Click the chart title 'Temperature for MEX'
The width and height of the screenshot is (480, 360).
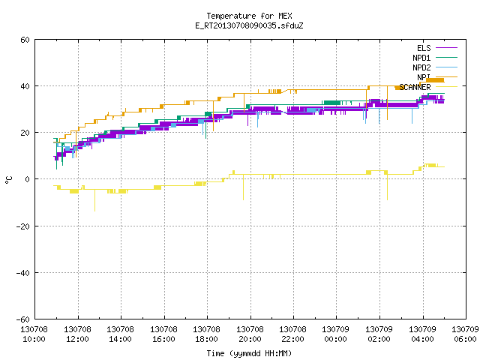tap(249, 16)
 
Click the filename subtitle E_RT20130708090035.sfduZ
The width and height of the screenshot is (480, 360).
tap(249, 25)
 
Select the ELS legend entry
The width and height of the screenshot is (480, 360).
tap(437, 48)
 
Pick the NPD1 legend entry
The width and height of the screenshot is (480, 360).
tap(435, 58)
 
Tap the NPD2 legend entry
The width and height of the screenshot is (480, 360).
tap(435, 67)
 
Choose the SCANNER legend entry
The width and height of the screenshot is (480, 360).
tap(428, 87)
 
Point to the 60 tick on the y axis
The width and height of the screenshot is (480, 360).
tap(25, 40)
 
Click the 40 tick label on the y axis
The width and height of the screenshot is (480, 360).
tap(25, 86)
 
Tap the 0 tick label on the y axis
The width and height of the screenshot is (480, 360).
tap(28, 179)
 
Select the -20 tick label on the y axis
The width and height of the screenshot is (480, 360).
tap(23, 226)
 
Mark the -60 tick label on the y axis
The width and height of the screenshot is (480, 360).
tap(23, 319)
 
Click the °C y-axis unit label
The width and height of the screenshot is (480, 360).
tap(9, 180)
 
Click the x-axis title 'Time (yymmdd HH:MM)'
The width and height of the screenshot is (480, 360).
tap(249, 353)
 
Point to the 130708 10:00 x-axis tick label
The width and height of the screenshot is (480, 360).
tap(34, 334)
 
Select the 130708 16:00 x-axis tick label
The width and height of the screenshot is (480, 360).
tap(163, 334)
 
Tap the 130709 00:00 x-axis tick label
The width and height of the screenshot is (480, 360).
tap(335, 334)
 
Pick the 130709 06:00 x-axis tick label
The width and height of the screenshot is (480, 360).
tap(465, 334)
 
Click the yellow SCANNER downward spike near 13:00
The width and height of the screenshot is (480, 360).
tap(95, 200)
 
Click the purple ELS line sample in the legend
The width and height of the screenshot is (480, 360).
tap(447, 48)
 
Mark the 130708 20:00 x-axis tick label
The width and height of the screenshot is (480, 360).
tap(250, 334)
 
